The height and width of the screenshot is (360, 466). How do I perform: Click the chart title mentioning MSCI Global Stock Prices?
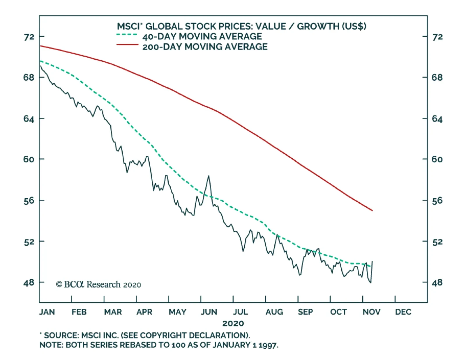pos(241,26)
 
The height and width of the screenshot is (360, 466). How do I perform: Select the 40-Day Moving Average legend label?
pos(202,37)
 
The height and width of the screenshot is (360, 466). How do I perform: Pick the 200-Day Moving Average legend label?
pos(205,47)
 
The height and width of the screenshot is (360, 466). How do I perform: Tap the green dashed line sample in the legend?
pos(127,35)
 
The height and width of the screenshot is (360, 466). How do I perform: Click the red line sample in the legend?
pos(127,45)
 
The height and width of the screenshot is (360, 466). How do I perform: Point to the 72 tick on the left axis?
pos(29,37)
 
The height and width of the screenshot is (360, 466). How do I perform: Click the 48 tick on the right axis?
pos(437,282)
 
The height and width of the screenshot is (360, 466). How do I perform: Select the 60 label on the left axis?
pos(29,159)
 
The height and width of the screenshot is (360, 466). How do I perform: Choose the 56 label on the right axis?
pos(437,201)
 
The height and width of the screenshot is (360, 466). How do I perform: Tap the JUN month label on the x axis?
pos(209,312)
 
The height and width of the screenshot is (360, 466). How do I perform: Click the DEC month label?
pos(403,312)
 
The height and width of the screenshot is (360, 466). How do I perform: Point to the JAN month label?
pos(47,312)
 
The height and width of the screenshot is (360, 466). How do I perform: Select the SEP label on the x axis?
pos(305,312)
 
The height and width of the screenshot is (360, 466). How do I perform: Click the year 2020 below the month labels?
pos(233,323)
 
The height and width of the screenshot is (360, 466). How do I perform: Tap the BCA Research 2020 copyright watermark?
pos(98,284)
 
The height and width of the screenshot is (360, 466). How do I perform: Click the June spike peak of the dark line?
pos(209,176)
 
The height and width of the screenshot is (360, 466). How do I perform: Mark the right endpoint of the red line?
pos(373,210)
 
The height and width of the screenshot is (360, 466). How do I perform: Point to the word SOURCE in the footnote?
pos(60,335)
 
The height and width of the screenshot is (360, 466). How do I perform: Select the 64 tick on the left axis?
pos(29,119)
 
